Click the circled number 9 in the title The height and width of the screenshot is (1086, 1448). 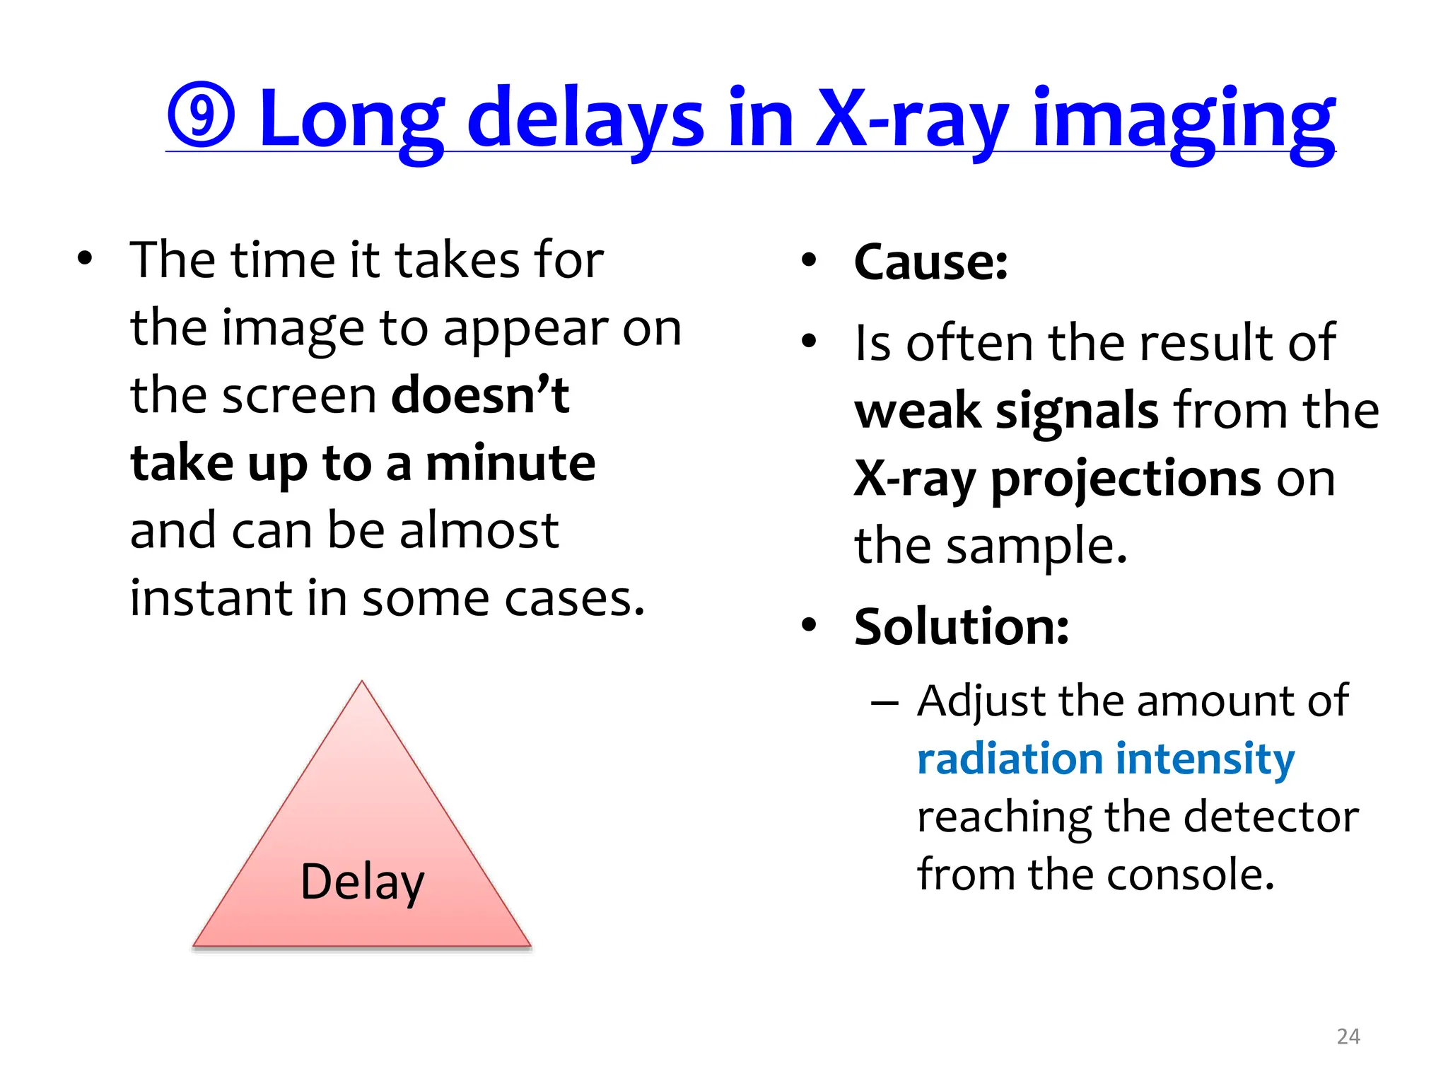point(201,115)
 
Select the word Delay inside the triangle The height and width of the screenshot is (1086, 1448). point(362,882)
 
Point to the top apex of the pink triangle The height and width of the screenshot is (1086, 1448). point(362,683)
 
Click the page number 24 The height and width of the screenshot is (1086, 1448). point(1348,1037)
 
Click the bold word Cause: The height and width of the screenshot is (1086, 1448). point(930,262)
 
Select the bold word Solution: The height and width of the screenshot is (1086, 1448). point(961,627)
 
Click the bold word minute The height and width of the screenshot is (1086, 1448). point(510,464)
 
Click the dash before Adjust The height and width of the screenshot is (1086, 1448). point(884,703)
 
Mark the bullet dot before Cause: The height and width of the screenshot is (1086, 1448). point(809,260)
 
